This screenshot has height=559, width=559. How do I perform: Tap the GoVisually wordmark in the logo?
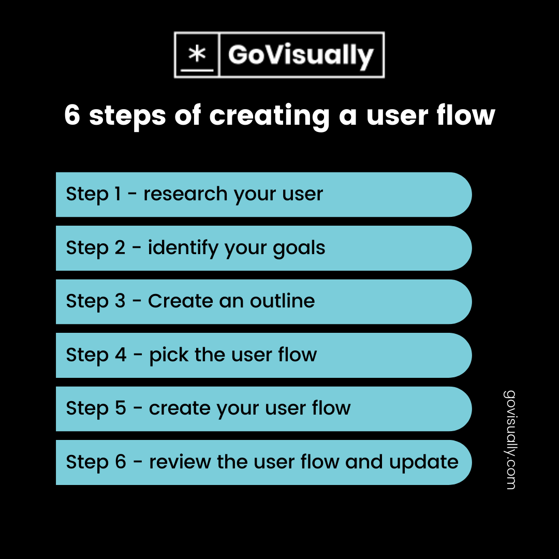point(301,55)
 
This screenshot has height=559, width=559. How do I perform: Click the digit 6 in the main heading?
point(72,115)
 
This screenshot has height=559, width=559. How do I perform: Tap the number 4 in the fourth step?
point(120,355)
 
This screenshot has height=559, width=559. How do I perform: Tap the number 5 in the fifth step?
point(120,408)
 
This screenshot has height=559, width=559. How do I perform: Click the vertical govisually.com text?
point(509,439)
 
